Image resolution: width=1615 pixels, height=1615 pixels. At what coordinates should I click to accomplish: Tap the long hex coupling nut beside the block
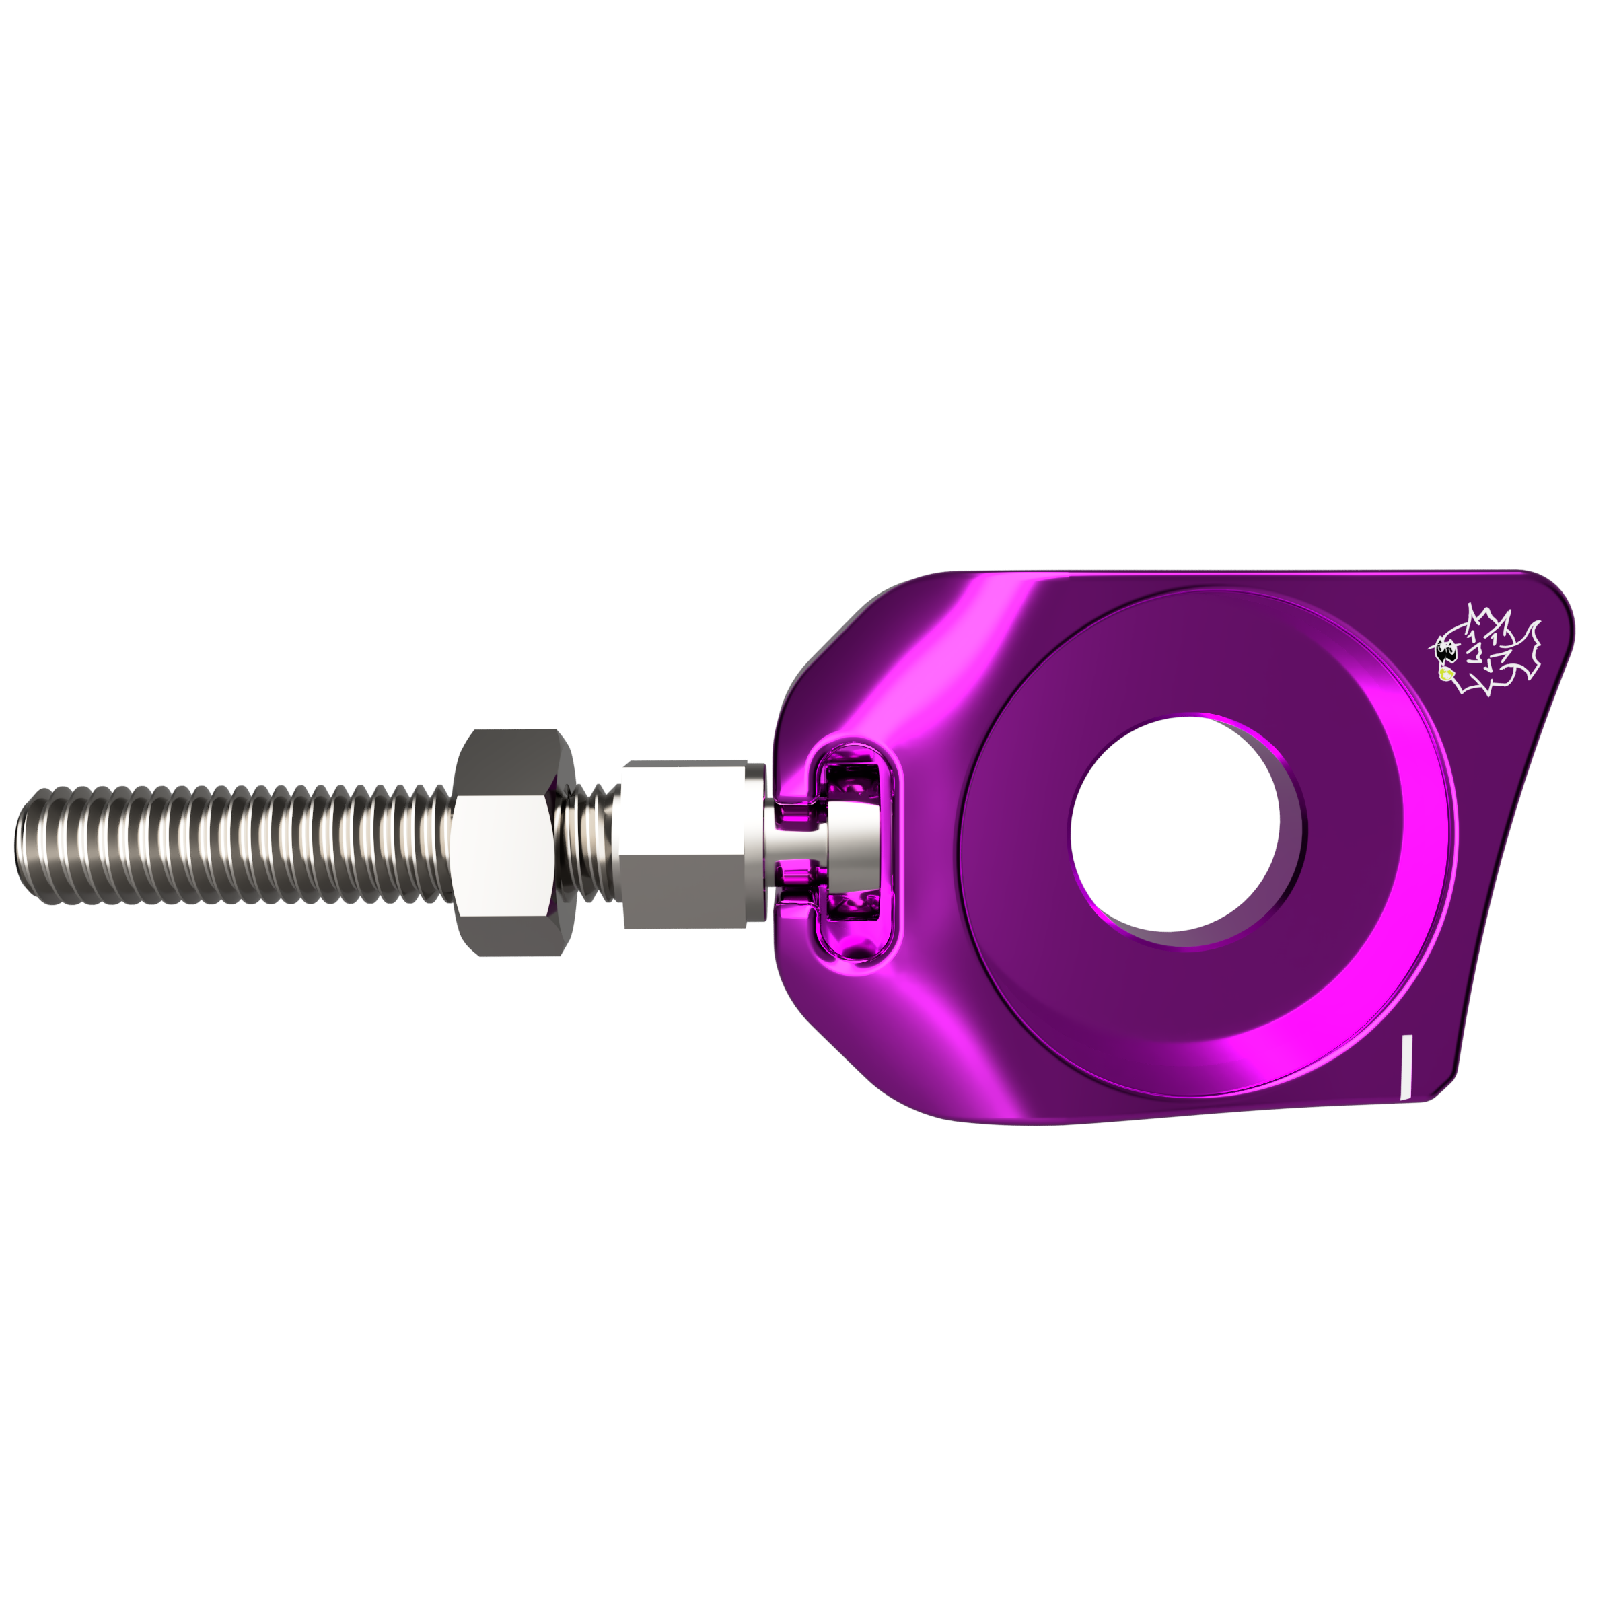684,845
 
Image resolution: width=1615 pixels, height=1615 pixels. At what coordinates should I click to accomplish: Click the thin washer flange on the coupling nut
756,842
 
